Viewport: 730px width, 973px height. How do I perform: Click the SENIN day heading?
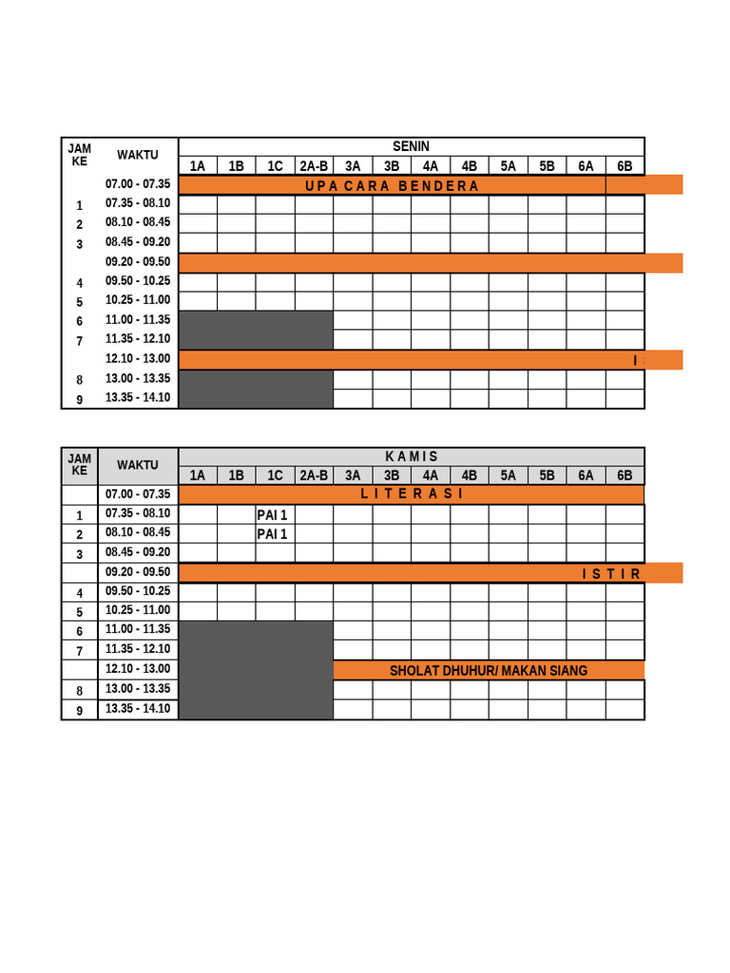pyautogui.click(x=411, y=146)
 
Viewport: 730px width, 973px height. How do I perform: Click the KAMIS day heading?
pyautogui.click(x=411, y=457)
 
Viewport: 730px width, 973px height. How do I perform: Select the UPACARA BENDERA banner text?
pyautogui.click(x=392, y=185)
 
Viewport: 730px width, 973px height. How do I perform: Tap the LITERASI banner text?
pyautogui.click(x=412, y=494)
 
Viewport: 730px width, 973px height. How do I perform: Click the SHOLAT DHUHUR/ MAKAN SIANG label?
pyautogui.click(x=489, y=671)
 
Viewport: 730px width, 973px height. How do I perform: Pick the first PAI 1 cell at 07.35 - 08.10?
pyautogui.click(x=272, y=515)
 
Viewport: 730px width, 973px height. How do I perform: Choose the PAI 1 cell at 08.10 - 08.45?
pyautogui.click(x=272, y=534)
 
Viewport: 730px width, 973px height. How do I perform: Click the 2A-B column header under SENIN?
pyautogui.click(x=314, y=166)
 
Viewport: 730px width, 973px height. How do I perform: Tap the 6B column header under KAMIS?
pyautogui.click(x=624, y=476)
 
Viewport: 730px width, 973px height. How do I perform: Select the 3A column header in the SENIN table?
pyautogui.click(x=353, y=166)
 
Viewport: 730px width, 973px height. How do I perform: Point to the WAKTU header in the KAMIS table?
pyautogui.click(x=138, y=466)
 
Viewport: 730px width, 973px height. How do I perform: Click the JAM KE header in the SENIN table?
pyautogui.click(x=80, y=154)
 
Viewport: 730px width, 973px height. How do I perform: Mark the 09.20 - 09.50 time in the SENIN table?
pyautogui.click(x=138, y=262)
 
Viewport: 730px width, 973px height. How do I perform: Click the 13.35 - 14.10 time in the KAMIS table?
pyautogui.click(x=138, y=709)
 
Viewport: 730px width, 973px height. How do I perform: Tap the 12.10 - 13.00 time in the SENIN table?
pyautogui.click(x=138, y=359)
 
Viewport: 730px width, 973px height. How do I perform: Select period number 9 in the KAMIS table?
pyautogui.click(x=80, y=710)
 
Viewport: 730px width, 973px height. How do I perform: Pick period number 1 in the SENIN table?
pyautogui.click(x=80, y=205)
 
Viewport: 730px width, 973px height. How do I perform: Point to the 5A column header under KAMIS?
pyautogui.click(x=508, y=476)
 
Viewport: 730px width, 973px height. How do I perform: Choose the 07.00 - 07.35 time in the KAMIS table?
pyautogui.click(x=138, y=494)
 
